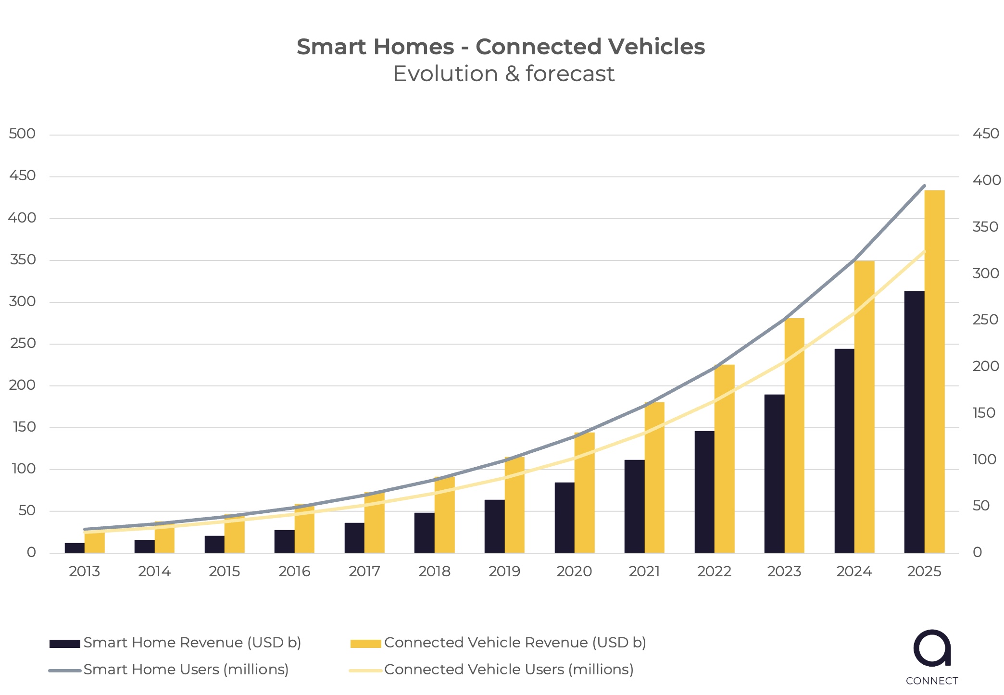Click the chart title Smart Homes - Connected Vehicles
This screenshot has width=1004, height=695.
(501, 47)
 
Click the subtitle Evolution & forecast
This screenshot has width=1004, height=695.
(503, 74)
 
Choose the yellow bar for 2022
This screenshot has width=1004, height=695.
(724, 459)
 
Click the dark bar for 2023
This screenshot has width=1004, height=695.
(774, 473)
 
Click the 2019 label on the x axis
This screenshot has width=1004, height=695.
(504, 571)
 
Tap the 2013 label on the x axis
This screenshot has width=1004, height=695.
(84, 571)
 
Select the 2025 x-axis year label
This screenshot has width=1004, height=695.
(924, 571)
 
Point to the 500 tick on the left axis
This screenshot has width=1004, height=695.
(22, 134)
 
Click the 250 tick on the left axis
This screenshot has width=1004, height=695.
(23, 343)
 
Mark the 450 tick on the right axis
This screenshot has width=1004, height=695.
(986, 134)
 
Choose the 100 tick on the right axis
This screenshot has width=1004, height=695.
(984, 459)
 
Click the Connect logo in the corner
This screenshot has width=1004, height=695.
(932, 656)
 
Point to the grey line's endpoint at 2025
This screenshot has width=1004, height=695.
(924, 186)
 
